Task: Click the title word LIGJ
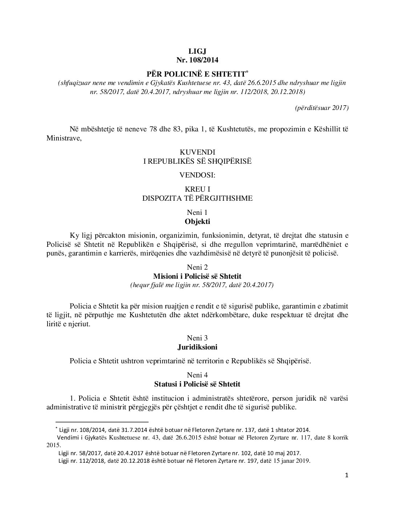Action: coord(197,51)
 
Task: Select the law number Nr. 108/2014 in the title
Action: coord(197,59)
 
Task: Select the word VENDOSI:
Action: coord(197,175)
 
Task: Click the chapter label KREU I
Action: coord(197,189)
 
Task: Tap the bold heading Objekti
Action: coord(197,221)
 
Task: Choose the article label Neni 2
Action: coord(197,267)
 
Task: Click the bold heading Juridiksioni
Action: coord(197,347)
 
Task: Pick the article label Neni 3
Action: coord(197,338)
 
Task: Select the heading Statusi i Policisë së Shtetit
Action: coord(197,384)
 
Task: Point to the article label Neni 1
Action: coord(197,212)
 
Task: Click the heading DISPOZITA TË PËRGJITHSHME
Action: coord(197,198)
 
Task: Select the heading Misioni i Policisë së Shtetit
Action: coord(197,276)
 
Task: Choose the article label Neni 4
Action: coord(197,375)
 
